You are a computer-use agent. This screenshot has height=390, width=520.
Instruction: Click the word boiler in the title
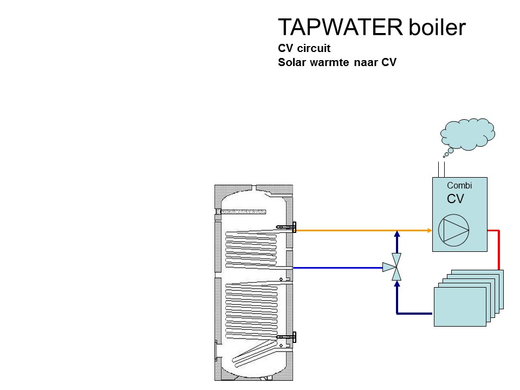[x=436, y=28]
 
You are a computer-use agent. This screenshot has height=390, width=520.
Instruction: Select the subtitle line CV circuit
[x=304, y=48]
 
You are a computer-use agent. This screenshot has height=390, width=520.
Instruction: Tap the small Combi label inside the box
[x=459, y=185]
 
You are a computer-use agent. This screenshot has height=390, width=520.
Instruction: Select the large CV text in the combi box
[x=456, y=199]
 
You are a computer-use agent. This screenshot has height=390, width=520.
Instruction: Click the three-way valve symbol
[x=396, y=266]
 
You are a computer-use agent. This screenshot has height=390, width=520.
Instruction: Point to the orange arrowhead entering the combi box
[x=428, y=230]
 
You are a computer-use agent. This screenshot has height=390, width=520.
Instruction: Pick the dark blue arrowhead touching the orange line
[x=397, y=235]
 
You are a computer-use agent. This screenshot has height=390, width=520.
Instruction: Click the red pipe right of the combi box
[x=498, y=249]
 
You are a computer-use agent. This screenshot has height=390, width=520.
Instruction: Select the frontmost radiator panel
[x=460, y=307]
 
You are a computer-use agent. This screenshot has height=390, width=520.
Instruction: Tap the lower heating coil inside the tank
[x=252, y=309]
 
